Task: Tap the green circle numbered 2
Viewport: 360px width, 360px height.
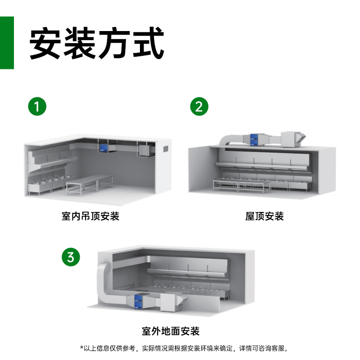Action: (x=199, y=107)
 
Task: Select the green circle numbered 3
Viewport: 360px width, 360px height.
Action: (x=71, y=258)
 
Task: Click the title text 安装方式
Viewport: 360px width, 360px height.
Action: (x=96, y=43)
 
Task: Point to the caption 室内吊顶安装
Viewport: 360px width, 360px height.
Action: (x=90, y=216)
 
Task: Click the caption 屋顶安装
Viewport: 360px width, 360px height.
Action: (x=265, y=216)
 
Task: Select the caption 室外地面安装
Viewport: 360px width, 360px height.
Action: (x=171, y=332)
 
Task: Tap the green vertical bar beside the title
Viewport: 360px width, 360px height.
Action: (x=7, y=43)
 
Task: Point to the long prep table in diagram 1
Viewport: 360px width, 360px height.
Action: (x=90, y=182)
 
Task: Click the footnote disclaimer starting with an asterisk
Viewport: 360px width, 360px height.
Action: (x=184, y=348)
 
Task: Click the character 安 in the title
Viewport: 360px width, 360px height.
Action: (x=45, y=43)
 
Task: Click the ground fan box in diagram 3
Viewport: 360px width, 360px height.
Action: (x=170, y=301)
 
